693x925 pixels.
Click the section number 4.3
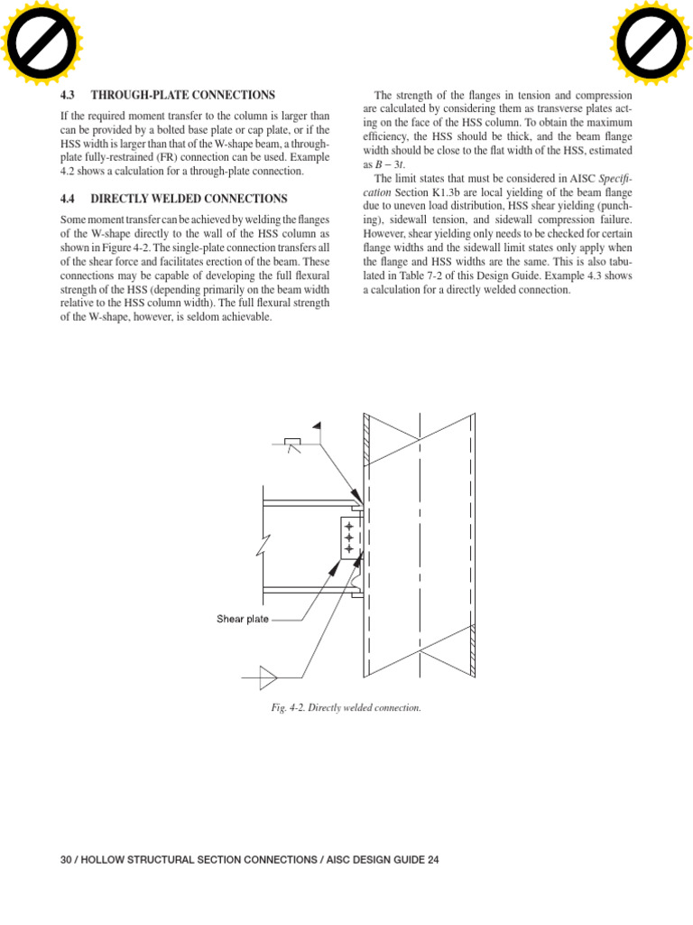(x=68, y=95)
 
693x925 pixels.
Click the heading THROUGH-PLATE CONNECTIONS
(x=183, y=95)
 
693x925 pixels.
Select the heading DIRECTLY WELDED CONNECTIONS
(x=189, y=198)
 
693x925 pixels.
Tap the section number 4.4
(x=68, y=198)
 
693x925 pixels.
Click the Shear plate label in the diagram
(x=242, y=620)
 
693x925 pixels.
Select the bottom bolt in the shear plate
(x=349, y=548)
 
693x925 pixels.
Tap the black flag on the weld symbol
(x=317, y=425)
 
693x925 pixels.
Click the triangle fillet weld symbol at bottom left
(x=266, y=672)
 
